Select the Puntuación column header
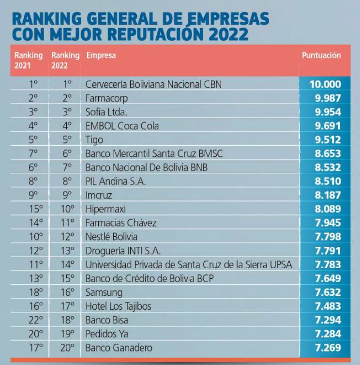point(321,55)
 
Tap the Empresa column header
point(101,56)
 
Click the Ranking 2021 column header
point(29,61)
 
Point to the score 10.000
point(325,84)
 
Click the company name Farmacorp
point(106,98)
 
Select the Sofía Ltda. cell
point(106,112)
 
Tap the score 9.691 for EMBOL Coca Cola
point(328,126)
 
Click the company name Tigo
point(94,140)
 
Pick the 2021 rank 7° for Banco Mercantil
point(33,153)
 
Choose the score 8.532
point(328,167)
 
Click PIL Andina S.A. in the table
point(116,182)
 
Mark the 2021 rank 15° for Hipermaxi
point(36,209)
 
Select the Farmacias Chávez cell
point(121,223)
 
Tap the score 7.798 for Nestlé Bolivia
point(328,237)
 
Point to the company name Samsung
point(104,292)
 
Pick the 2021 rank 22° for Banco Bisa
point(36,320)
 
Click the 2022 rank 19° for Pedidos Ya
point(67,334)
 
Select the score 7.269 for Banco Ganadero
point(328,348)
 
